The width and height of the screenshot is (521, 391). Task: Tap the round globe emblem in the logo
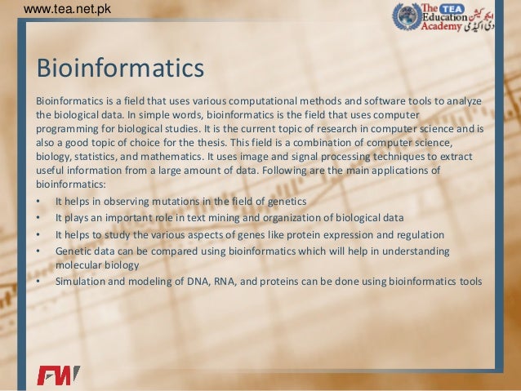click(x=406, y=17)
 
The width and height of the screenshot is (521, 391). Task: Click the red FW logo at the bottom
click(x=58, y=375)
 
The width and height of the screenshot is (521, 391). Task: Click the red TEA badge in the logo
click(x=462, y=7)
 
